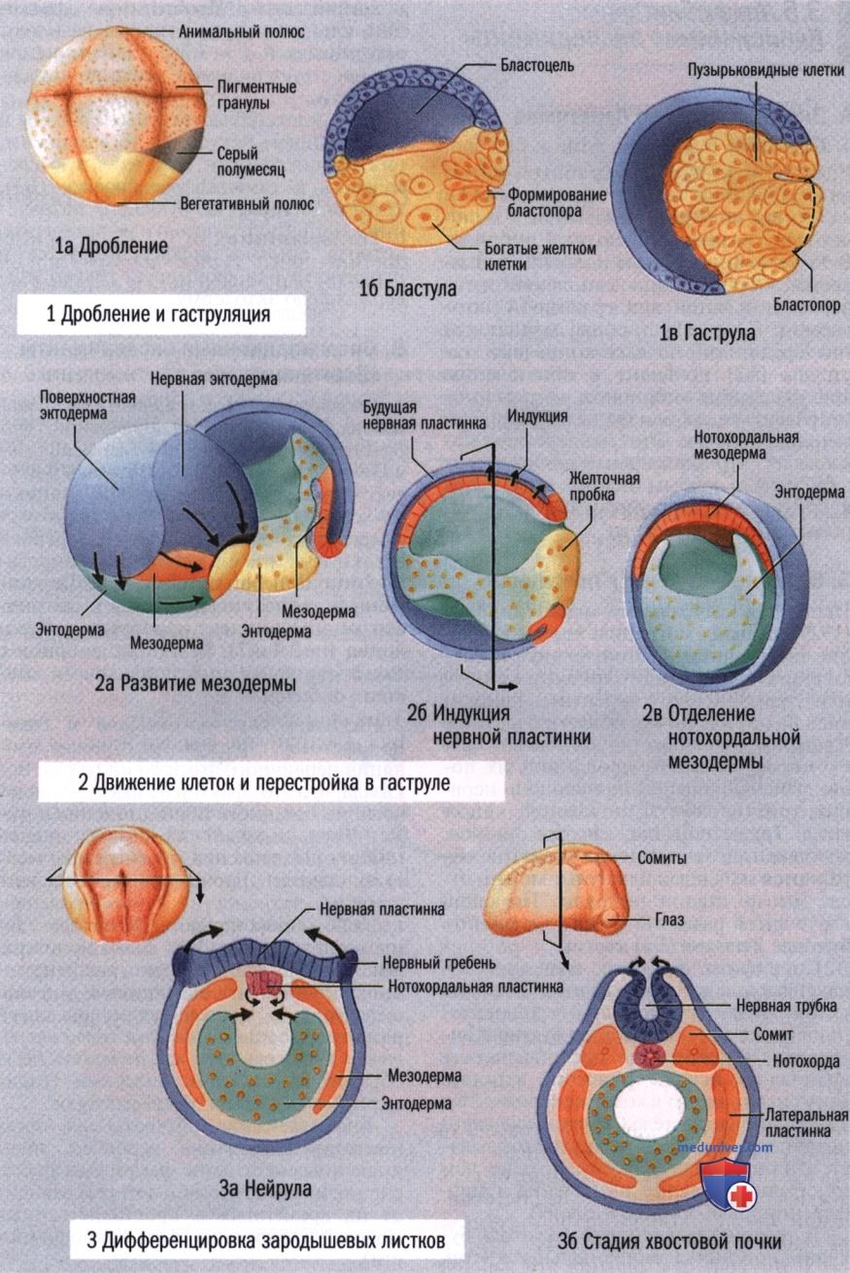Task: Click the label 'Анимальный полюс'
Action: [x=242, y=31]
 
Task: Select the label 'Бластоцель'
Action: [x=537, y=65]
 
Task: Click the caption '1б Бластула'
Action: [x=407, y=289]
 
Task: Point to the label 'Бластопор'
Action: [x=806, y=305]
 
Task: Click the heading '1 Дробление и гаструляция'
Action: [x=158, y=314]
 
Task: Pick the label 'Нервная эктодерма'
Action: [x=214, y=379]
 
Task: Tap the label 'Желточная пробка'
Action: [x=604, y=486]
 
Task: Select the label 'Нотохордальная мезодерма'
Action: [x=746, y=445]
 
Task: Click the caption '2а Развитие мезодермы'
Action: [x=195, y=683]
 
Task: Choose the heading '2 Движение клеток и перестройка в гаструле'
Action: [x=264, y=783]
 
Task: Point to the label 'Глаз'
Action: [x=669, y=919]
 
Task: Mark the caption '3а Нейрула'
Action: [x=265, y=1188]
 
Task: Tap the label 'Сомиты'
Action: [x=662, y=857]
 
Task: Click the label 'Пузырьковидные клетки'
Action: [x=765, y=70]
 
